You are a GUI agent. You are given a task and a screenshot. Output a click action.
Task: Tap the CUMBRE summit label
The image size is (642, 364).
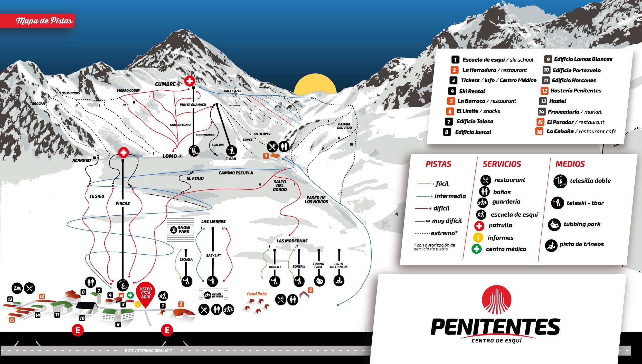pos(165,84)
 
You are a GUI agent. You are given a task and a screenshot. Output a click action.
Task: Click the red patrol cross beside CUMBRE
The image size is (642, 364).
pos(190,81)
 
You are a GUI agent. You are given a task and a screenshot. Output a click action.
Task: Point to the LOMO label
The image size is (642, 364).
pos(170,156)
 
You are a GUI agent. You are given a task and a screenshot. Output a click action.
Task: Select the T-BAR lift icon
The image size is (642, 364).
pos(232,150)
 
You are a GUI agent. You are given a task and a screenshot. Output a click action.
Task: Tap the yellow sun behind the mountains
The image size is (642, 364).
pos(315,83)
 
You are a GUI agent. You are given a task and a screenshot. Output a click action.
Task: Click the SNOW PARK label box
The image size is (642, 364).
pos(181,230)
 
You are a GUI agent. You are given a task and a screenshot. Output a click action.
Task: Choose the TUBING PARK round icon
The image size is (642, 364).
pos(319,281)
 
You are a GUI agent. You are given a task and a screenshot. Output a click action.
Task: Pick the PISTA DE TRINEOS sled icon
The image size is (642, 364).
pos(339,281)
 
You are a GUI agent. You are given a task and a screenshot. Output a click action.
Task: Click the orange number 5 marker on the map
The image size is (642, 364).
pos(266,156)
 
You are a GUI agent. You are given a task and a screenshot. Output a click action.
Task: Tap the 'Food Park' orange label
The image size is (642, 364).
pos(257,294)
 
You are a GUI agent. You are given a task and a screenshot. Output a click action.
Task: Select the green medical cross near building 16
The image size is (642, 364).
pos(130,295)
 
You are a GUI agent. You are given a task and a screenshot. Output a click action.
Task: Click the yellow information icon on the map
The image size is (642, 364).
pos(138,304)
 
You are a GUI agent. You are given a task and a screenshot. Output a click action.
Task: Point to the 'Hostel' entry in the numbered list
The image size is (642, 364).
pos(557,101)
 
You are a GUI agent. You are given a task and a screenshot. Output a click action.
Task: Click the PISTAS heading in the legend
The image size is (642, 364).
pos(438,164)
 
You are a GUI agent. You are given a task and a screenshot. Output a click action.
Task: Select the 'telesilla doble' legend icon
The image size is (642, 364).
pos(560,181)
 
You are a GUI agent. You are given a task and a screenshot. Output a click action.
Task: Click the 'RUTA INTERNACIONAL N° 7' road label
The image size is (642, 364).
pos(148,351)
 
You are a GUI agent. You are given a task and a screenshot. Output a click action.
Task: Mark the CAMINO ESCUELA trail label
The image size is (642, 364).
pos(236,173)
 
